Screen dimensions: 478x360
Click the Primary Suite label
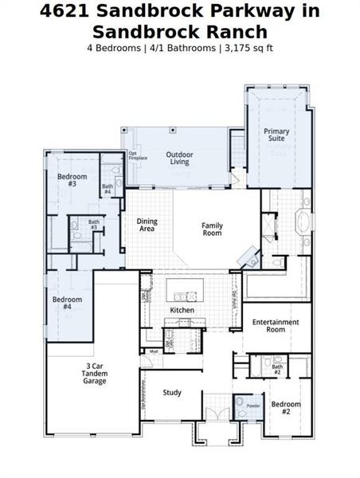pos(276,135)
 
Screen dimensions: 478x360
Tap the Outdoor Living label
pos(179,159)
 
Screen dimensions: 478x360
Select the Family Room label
pos(212,229)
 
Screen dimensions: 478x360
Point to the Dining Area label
pos(147,225)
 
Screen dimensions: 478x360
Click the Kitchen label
pos(182,309)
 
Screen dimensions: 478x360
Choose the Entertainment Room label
pos(276,325)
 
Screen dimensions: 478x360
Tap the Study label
pos(172,392)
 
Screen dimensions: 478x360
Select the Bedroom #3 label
pos(72,180)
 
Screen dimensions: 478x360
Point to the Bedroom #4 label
pos(67,304)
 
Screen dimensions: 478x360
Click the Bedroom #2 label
pos(285,408)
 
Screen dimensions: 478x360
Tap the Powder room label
pos(252,406)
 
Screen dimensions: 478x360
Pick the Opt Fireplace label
pos(138,156)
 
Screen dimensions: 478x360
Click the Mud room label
pos(153,351)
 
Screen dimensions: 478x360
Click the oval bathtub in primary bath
pos(305,221)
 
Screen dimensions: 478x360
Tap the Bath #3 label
pos(94,225)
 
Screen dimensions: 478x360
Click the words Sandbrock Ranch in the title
pos(179,32)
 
